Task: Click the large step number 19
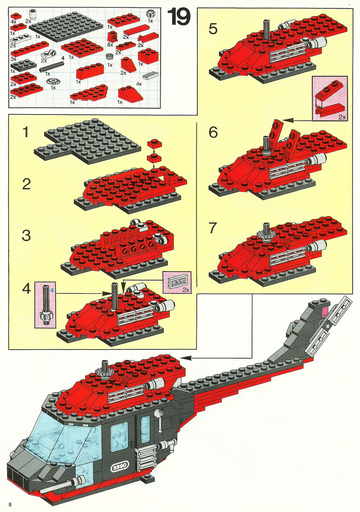tap(179, 17)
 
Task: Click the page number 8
tap(11, 505)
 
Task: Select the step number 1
tap(26, 133)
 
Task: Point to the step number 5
tap(213, 29)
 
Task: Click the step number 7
tap(213, 228)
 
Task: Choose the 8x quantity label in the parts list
tap(110, 45)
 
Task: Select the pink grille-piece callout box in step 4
tap(177, 282)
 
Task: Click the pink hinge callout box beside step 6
tap(330, 99)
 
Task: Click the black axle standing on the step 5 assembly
tap(266, 30)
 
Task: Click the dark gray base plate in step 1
tap(87, 141)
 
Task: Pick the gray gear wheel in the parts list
tap(52, 82)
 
